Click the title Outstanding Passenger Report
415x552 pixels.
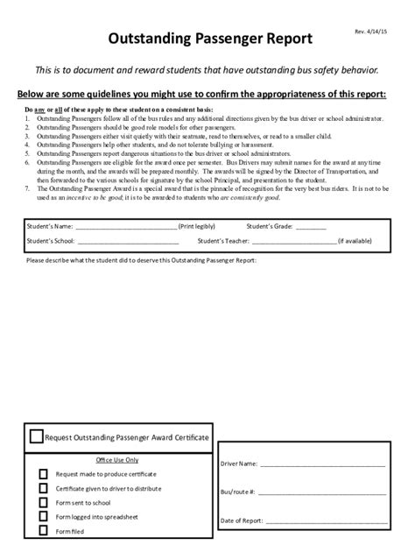208,39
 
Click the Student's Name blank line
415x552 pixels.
126,227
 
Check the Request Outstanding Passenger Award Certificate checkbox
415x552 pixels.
36,436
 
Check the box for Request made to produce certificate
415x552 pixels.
44,473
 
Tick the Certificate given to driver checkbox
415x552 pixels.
44,488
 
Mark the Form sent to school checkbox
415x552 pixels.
44,503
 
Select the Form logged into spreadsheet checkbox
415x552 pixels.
44,517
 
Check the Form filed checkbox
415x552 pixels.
44,532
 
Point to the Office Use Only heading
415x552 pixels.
116,459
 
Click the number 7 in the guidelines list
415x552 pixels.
27,187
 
